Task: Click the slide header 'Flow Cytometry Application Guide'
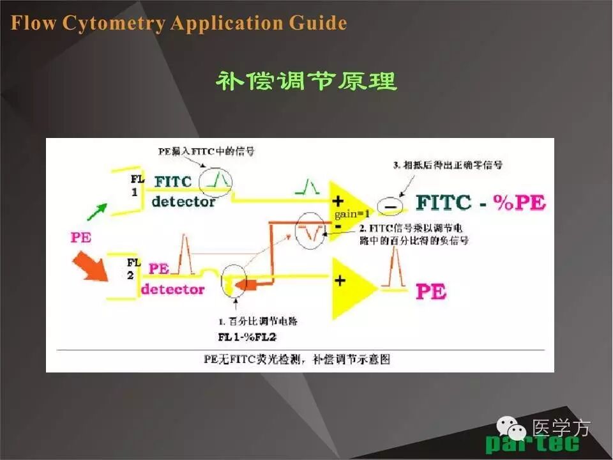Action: (179, 24)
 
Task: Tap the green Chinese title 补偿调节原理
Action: (306, 81)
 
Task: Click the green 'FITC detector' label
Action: (183, 191)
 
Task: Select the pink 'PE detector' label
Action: (172, 279)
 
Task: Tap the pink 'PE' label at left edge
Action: (80, 238)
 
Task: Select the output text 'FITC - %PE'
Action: (481, 203)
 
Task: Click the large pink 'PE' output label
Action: (431, 292)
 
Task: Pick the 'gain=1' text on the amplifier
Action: (351, 214)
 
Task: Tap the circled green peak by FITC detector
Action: (216, 181)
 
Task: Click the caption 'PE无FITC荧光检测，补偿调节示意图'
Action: (297, 359)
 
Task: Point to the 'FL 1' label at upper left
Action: (137, 185)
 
